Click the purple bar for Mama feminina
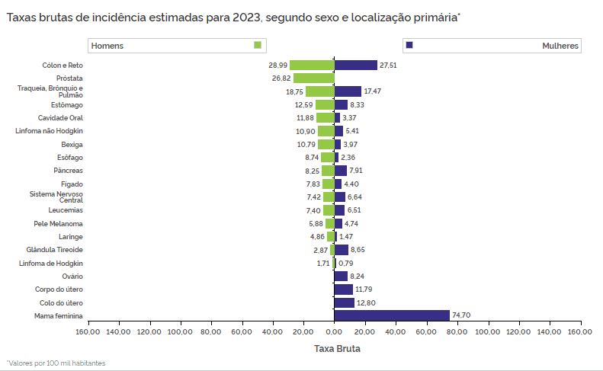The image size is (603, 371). [392, 315]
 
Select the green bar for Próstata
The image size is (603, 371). [314, 78]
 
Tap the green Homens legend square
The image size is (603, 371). [258, 46]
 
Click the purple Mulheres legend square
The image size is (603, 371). [409, 46]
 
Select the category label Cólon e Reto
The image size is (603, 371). [63, 66]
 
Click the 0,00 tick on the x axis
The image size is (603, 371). [334, 332]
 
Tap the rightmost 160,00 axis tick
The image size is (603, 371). [580, 332]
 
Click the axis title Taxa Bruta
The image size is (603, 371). [337, 349]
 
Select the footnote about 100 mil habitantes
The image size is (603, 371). [56, 363]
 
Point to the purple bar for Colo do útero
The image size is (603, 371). [344, 302]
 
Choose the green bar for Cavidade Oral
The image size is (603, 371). [326, 118]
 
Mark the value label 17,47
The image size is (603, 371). [372, 91]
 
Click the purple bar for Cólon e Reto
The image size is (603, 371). [356, 66]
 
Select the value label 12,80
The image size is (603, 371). [366, 303]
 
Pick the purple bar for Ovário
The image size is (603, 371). [341, 276]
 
